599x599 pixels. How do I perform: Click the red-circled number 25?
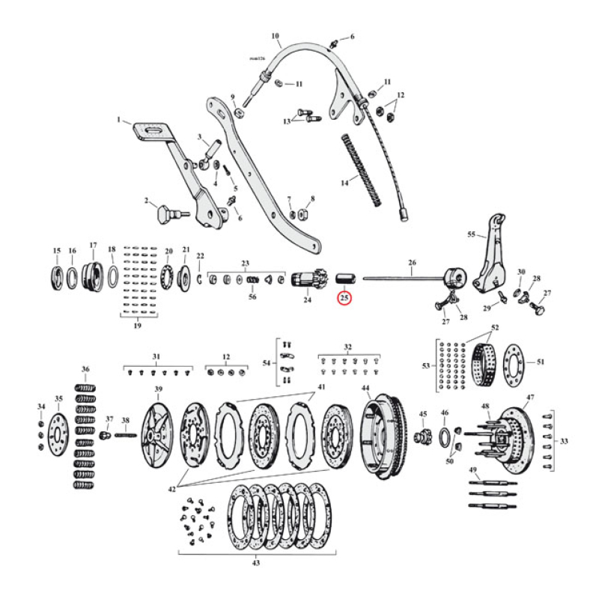(344, 298)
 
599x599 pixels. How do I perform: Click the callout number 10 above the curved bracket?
(275, 35)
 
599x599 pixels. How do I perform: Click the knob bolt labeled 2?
(164, 215)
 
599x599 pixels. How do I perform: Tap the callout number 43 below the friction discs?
(257, 563)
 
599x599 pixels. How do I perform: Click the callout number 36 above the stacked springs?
(85, 369)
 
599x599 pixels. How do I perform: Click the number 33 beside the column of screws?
(563, 441)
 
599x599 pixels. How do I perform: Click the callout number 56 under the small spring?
(252, 297)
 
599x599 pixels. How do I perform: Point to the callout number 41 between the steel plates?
(321, 386)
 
